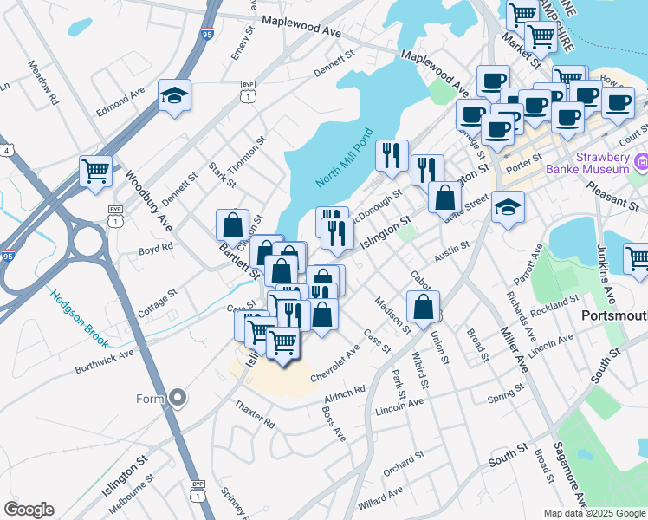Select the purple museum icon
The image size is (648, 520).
coord(642,161)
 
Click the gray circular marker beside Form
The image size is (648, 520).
coord(178,399)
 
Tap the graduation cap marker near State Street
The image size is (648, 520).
coord(508,208)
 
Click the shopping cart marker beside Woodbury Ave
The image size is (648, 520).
coord(95,171)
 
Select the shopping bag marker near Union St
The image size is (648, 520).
coord(423,309)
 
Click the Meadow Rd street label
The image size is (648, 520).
coord(42,78)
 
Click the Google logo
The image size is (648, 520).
coord(29,510)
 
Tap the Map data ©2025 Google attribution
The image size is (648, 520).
coord(594,513)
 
